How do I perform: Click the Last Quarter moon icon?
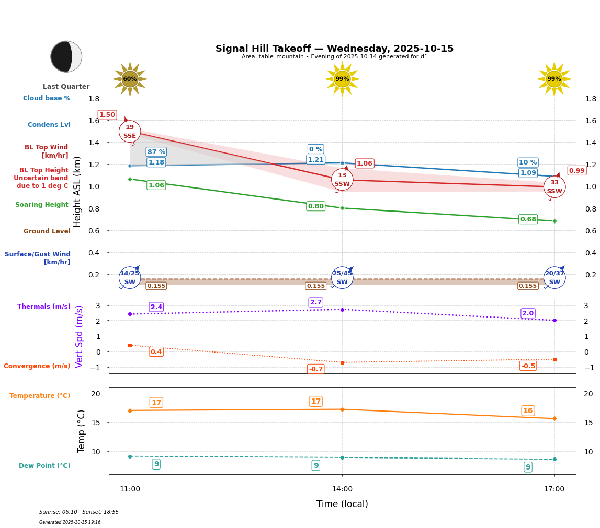coord(66,56)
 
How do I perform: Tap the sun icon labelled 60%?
coord(130,79)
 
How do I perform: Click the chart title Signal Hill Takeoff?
coord(334,49)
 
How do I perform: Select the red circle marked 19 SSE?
coord(130,132)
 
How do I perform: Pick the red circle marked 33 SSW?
coord(554,187)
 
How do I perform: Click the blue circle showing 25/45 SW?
coord(342,278)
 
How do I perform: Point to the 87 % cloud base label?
coord(156,152)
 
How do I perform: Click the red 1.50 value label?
coord(107,115)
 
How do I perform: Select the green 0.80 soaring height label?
coord(315,206)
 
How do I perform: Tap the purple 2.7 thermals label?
coord(316,302)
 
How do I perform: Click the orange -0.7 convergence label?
coord(316,369)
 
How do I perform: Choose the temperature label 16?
coord(528,411)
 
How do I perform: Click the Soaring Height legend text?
coord(42,205)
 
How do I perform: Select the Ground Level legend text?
coord(47,231)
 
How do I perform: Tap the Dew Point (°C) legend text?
coord(44,466)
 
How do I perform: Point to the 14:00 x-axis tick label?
coord(342,489)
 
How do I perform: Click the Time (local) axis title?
coord(342,504)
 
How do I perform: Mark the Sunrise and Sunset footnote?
coord(79,512)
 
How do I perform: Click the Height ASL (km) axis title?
coord(77,192)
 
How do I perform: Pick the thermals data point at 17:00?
coord(554,320)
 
